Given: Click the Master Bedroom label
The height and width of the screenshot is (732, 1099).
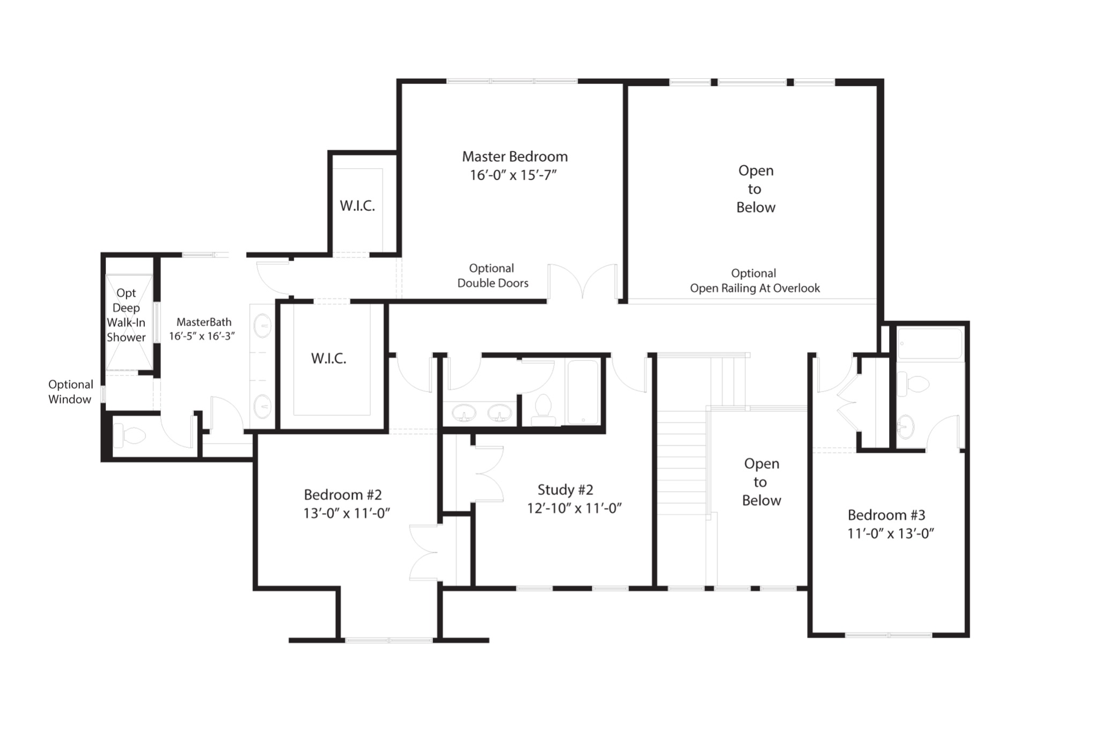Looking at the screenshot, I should coord(515,157).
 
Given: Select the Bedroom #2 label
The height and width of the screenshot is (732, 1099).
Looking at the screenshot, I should coord(342,494).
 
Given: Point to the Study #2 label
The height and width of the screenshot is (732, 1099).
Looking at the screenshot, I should coord(565,490).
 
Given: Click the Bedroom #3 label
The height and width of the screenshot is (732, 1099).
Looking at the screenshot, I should coord(886,515).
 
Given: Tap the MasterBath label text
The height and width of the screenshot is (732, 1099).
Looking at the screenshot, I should coord(204,322).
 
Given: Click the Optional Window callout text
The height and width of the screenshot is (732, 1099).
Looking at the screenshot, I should coord(70,391).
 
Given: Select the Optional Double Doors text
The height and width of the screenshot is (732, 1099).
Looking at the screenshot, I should coord(492,276).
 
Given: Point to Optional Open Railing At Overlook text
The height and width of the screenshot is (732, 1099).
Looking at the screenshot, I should coord(754,281).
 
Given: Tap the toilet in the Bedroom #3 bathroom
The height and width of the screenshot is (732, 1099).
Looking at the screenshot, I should coord(913,385).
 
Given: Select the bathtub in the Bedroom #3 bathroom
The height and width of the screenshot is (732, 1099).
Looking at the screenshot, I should coord(930,343).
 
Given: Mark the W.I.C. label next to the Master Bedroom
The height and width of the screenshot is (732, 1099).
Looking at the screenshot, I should coord(357,206).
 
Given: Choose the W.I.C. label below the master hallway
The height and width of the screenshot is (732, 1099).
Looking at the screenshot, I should coord(328,359).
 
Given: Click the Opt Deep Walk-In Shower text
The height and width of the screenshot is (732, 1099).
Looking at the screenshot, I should coord(126,315).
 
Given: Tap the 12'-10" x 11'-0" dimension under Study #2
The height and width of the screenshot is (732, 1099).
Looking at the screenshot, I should coord(574,508).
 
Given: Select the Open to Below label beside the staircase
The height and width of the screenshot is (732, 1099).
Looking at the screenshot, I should coord(761,482).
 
